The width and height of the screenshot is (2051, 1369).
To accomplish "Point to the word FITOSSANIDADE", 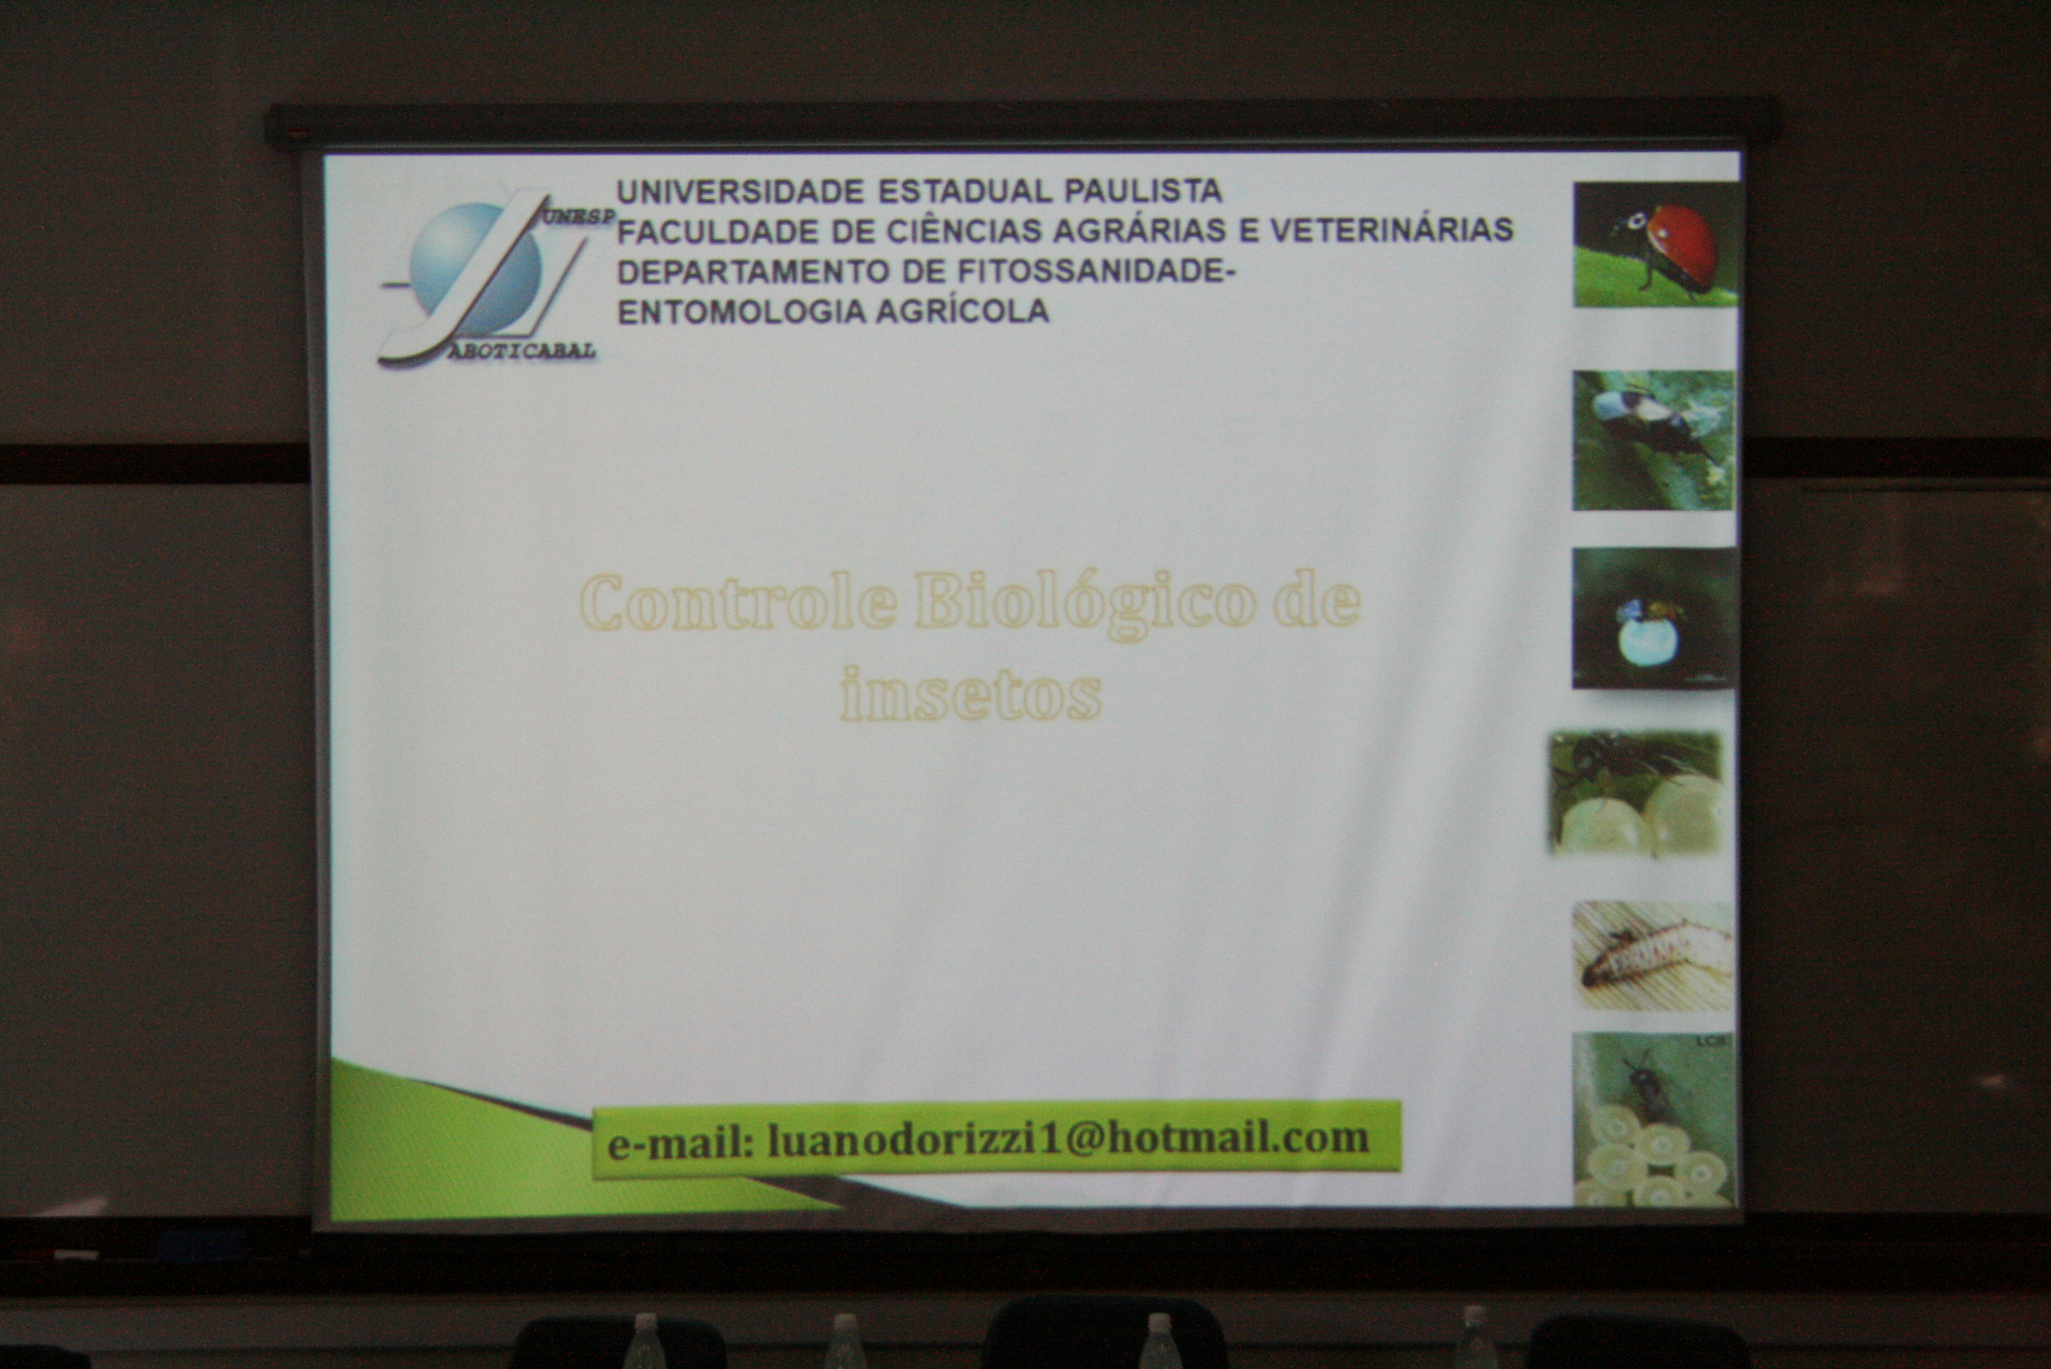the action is tap(1097, 272).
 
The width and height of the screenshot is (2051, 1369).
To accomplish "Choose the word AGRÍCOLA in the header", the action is tap(962, 312).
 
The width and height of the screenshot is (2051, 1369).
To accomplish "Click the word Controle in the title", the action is tap(738, 602).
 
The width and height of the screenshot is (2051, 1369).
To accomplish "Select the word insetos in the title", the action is tap(970, 694).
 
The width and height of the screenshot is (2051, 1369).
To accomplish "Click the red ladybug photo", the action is tap(1656, 245).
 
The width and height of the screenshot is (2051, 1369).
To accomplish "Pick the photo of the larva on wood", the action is tap(1653, 956).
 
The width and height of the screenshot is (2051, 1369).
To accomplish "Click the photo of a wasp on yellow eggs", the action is tap(1652, 1119).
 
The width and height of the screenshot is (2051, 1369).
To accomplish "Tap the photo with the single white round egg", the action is tap(1653, 618).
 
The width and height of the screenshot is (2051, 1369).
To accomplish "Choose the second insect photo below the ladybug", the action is tap(1653, 441).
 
